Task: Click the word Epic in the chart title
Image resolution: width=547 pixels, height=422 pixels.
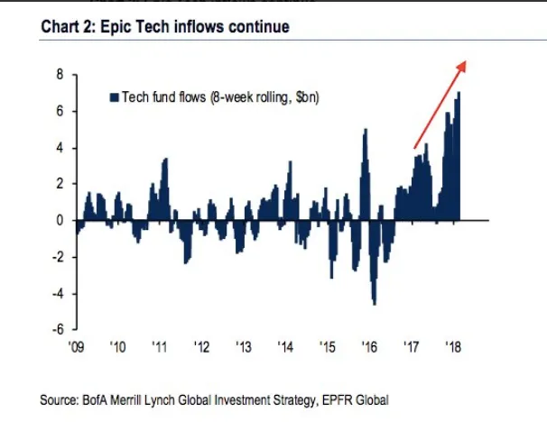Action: coord(125,28)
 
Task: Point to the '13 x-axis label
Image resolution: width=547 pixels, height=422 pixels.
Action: coord(244,346)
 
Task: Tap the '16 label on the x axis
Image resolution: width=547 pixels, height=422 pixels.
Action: coord(369,346)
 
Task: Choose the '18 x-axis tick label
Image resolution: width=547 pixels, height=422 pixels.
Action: coord(453,346)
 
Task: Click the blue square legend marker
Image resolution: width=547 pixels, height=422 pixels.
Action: coord(114,96)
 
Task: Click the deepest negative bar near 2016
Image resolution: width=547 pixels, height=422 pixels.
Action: coord(374,302)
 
